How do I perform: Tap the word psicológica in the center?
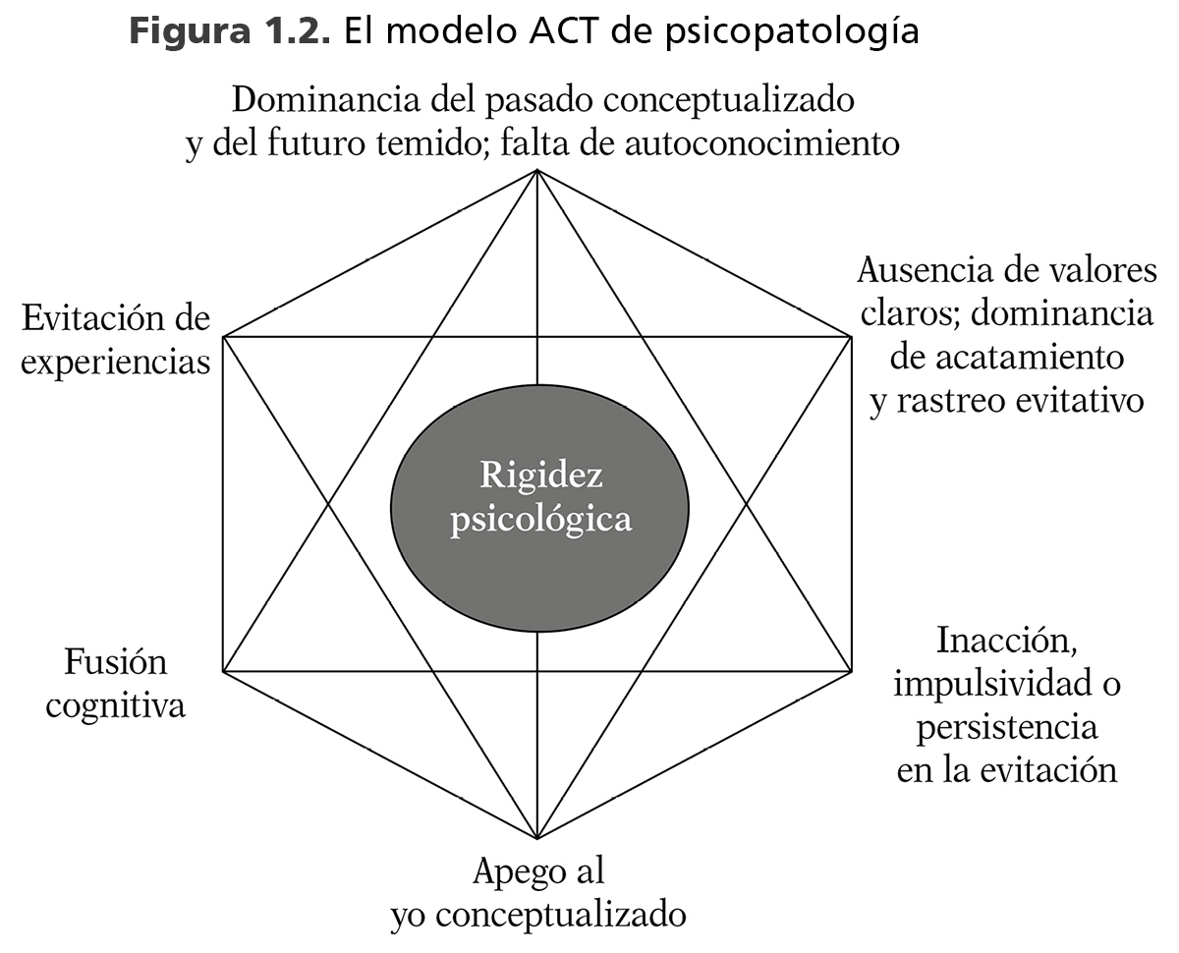pos(540,519)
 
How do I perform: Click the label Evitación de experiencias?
pos(116,340)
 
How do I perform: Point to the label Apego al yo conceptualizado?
pos(537,893)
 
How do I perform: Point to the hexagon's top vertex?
pos(537,170)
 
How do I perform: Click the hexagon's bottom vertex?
pos(537,840)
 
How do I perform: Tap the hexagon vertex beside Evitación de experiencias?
pos(224,337)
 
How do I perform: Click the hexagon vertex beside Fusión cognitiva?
pos(224,672)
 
